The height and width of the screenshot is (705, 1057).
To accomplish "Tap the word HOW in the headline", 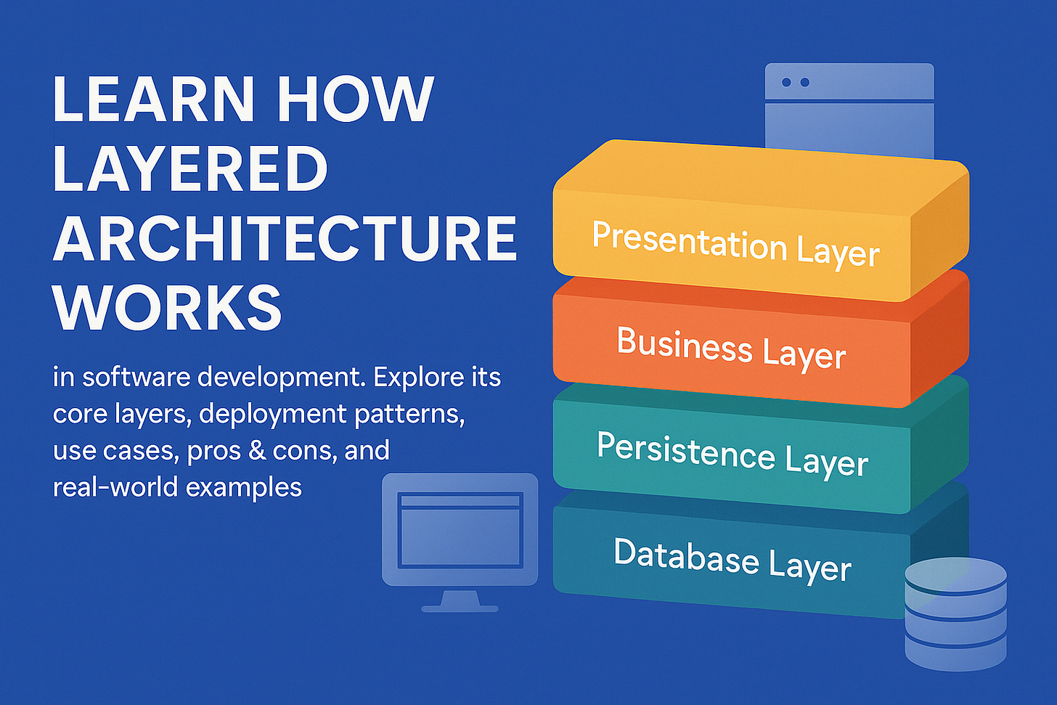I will [x=355, y=99].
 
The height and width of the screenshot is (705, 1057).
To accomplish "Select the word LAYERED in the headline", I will [x=190, y=168].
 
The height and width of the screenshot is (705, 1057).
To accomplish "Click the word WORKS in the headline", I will [x=167, y=308].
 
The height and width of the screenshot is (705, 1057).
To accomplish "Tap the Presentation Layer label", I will [x=735, y=244].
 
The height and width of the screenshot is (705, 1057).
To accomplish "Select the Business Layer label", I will [x=731, y=349].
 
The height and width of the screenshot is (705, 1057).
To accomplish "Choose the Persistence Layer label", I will [x=732, y=455].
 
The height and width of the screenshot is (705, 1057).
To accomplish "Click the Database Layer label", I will [x=732, y=560].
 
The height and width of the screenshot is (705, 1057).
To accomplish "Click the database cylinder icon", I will [x=955, y=614].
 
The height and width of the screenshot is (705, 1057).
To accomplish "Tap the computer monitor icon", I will [x=460, y=530].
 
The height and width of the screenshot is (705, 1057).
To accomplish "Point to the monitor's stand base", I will [x=460, y=608].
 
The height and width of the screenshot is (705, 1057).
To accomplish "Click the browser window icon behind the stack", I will [x=849, y=109].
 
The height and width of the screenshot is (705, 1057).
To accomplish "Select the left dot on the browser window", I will [x=786, y=82].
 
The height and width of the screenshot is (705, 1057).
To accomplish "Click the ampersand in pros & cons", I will [x=256, y=451].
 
